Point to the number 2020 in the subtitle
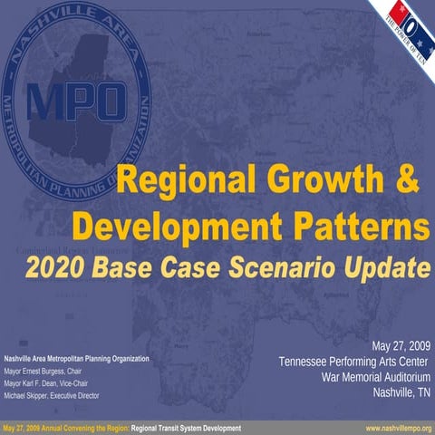pos(57,267)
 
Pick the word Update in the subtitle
pos(387,267)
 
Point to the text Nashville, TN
pos(401,392)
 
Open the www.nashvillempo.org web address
pos(398,427)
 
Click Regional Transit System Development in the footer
pos(186,427)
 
